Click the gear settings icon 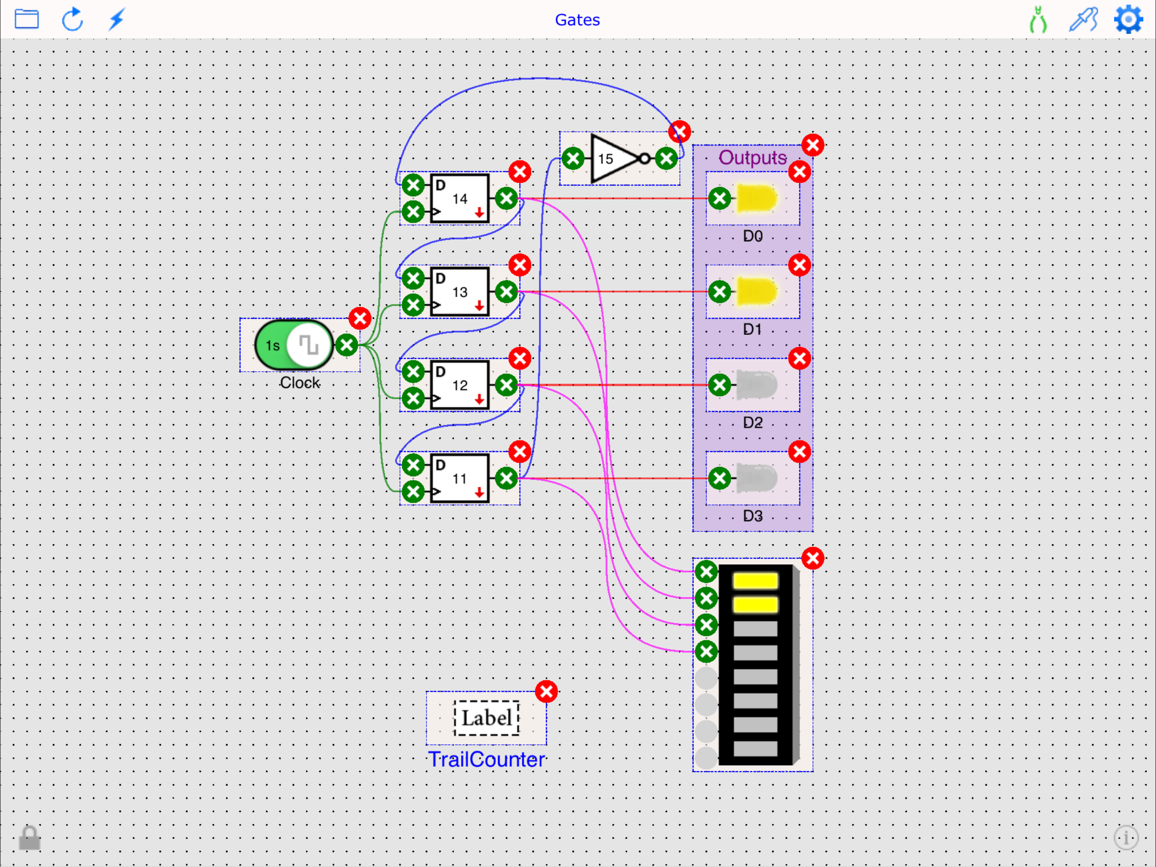click(x=1128, y=19)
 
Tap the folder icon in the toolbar click(x=27, y=19)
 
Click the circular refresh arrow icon click(x=72, y=19)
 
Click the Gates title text click(x=577, y=20)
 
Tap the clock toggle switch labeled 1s click(x=294, y=345)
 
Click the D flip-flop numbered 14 click(x=460, y=199)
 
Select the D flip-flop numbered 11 click(x=460, y=478)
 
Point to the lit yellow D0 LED click(x=756, y=198)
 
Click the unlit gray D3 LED click(x=756, y=478)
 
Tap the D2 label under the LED click(x=753, y=422)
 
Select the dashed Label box click(x=486, y=718)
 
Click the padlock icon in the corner click(x=29, y=838)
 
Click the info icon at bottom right click(x=1126, y=838)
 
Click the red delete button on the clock click(x=360, y=318)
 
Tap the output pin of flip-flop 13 click(x=506, y=291)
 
